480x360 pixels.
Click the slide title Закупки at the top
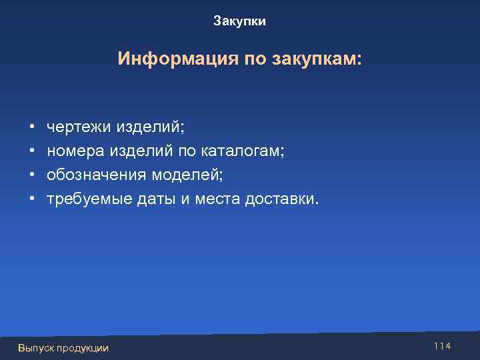coord(240,22)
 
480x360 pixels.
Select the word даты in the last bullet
coord(153,199)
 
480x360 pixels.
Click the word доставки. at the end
coord(283,199)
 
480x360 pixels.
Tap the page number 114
coord(442,346)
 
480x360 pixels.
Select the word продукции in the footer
coord(83,348)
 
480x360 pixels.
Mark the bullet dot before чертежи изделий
coord(32,126)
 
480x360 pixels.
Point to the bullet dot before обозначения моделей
coord(32,175)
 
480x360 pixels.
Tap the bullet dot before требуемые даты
coord(32,199)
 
